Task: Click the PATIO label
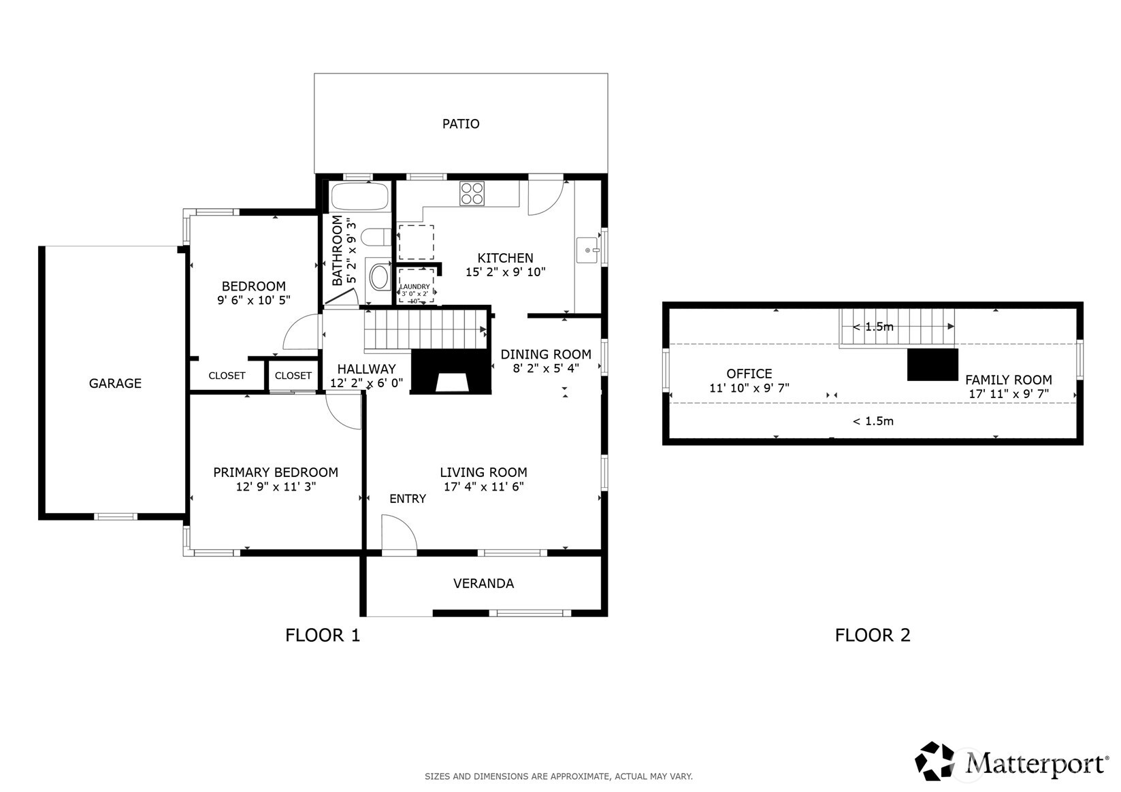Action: point(461,124)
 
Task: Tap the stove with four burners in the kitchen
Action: point(472,194)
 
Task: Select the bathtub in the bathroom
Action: point(359,197)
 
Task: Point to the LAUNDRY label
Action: point(415,286)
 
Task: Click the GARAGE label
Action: point(115,384)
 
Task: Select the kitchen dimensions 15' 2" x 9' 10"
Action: point(505,272)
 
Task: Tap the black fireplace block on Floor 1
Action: point(452,372)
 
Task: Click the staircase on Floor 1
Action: point(425,329)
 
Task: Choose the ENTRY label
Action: point(408,499)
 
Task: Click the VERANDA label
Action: point(483,584)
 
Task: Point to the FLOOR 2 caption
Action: point(872,636)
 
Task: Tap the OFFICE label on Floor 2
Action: point(749,374)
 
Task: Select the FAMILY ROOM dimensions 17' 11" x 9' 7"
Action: point(1008,394)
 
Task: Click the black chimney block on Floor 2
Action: point(932,365)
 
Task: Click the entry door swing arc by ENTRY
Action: point(399,535)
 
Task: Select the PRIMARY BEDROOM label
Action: point(275,472)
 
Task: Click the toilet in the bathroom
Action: point(374,237)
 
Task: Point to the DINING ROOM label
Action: point(545,354)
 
